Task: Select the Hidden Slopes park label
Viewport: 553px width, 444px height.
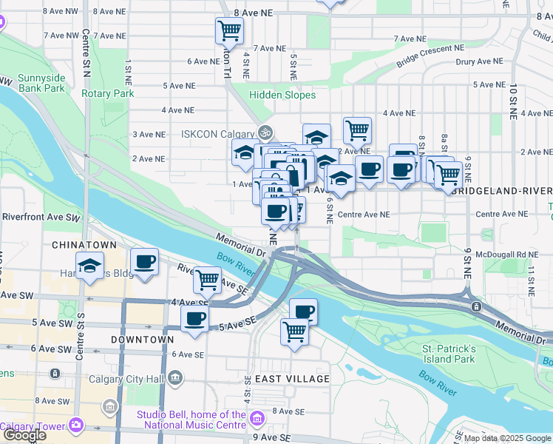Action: (x=282, y=95)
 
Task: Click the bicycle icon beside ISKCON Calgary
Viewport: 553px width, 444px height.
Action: (x=265, y=133)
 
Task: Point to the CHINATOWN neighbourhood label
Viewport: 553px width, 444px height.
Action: (x=84, y=244)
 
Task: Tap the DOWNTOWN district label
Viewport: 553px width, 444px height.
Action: (x=142, y=340)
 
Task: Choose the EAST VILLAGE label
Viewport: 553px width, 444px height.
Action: (x=292, y=379)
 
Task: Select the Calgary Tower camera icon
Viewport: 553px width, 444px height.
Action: (x=75, y=425)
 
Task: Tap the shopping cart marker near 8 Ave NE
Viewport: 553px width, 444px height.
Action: (x=230, y=31)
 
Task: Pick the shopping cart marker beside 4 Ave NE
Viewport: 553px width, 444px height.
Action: (x=357, y=130)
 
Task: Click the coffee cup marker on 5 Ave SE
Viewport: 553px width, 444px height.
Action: (x=195, y=319)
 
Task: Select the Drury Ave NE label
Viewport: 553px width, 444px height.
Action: (x=480, y=61)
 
